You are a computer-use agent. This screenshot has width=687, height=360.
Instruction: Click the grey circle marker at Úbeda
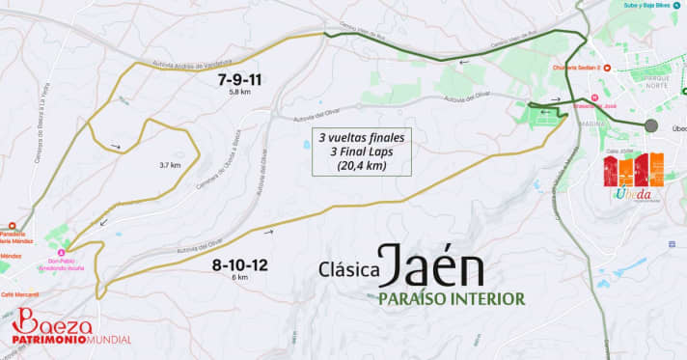(651, 125)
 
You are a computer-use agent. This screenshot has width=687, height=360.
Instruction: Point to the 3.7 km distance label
(169, 165)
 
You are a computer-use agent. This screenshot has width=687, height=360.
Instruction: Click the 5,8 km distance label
(239, 93)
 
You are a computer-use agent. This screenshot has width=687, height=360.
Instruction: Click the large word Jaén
(431, 263)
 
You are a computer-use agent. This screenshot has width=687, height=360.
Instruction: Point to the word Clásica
(347, 270)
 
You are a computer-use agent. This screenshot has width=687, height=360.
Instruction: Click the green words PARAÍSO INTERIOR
(451, 299)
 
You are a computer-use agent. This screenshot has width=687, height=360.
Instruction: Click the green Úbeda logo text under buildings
(633, 193)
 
